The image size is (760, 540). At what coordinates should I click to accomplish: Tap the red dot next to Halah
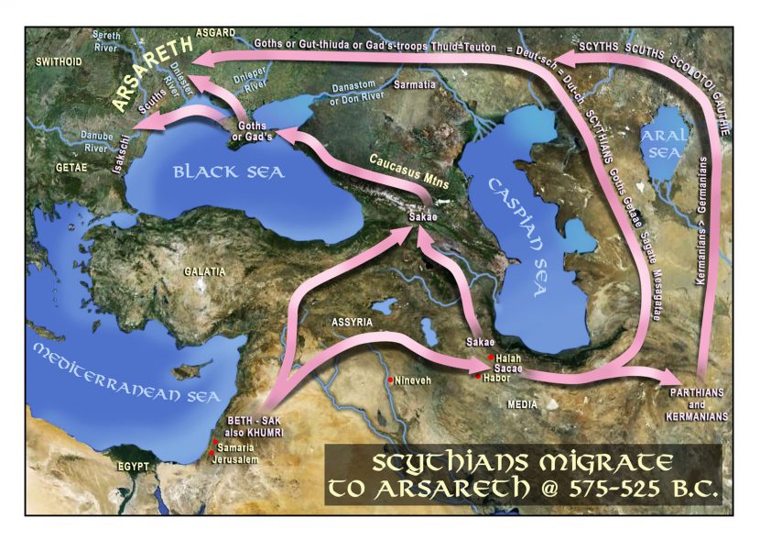pyautogui.click(x=491, y=357)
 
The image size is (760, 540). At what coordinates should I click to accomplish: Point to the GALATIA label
pyautogui.click(x=204, y=272)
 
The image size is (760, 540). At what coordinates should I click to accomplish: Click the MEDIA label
pyautogui.click(x=523, y=404)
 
